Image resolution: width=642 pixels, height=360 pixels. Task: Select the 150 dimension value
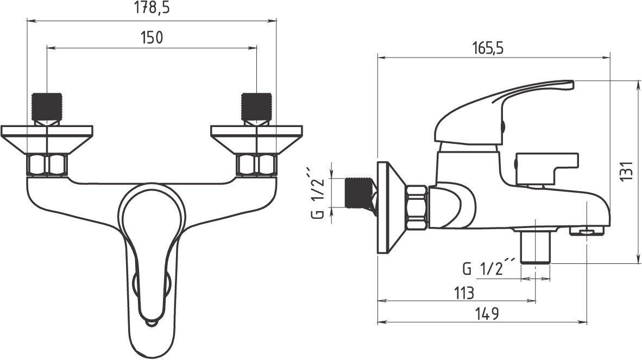point(152,37)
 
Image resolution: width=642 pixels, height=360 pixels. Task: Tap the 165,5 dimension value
point(487,48)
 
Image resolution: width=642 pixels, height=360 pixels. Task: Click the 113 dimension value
point(463,293)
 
